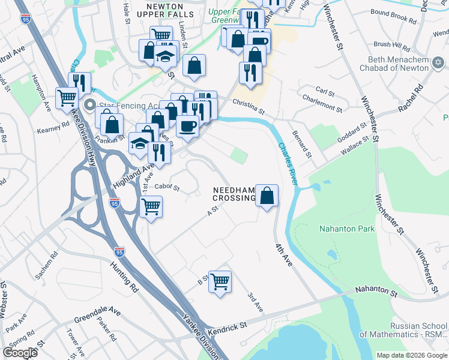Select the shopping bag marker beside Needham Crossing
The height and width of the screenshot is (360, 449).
[267, 195]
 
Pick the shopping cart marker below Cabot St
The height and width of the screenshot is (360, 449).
[151, 207]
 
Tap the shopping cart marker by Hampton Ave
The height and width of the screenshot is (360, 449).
[67, 98]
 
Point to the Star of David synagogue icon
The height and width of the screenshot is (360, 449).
[438, 63]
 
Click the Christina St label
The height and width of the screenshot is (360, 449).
[249, 106]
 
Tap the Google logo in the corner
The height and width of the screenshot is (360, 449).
[20, 353]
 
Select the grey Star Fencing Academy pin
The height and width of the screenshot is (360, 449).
[90, 106]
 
